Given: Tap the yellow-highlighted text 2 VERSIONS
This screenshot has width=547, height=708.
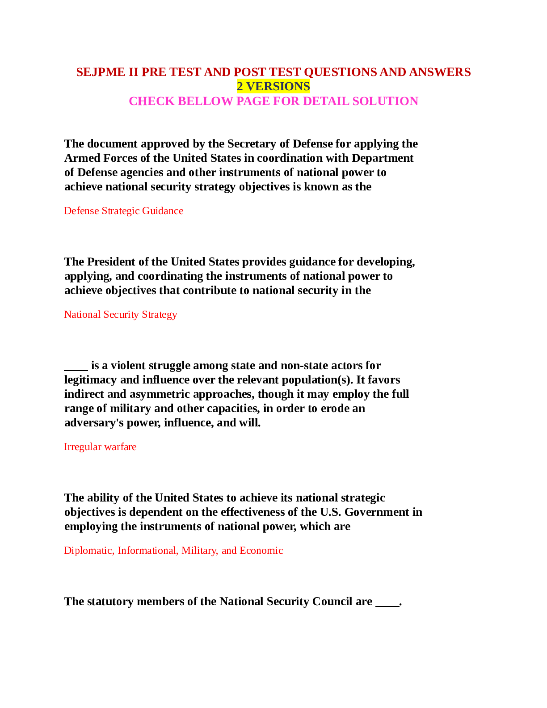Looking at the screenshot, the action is click(x=273, y=86).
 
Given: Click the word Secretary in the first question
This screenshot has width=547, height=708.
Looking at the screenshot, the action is click(x=253, y=143).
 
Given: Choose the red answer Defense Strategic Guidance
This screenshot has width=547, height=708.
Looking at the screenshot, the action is click(x=124, y=211).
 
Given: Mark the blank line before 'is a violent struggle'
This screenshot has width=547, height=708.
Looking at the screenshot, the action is click(x=76, y=370).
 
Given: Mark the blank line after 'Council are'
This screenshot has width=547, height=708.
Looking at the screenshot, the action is click(x=387, y=606).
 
